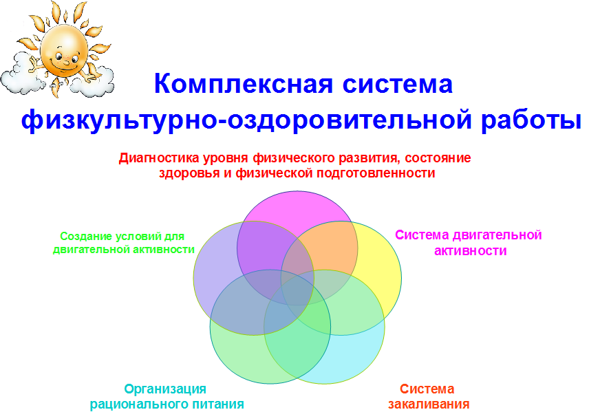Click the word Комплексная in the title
[244, 84]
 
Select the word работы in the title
[531, 119]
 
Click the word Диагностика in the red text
[159, 158]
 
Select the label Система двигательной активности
[469, 243]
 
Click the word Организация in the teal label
[165, 389]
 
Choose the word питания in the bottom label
[219, 404]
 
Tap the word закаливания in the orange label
[429, 404]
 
